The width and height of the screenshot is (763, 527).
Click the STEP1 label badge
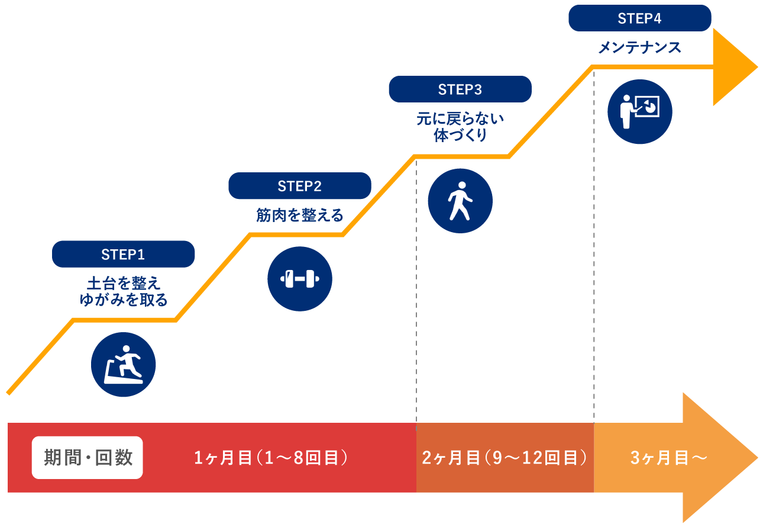click(x=123, y=255)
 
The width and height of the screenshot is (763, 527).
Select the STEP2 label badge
click(x=299, y=187)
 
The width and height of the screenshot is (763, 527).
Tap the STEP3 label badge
click(x=460, y=89)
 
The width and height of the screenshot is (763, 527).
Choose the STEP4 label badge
click(x=639, y=18)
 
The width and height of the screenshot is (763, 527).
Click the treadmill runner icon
click(x=123, y=365)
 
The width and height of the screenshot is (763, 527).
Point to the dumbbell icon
click(x=299, y=279)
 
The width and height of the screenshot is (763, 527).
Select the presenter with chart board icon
click(x=639, y=111)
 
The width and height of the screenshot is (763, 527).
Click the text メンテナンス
click(x=639, y=48)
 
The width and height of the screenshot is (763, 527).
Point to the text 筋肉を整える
click(x=299, y=215)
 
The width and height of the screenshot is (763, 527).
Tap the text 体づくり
click(x=460, y=136)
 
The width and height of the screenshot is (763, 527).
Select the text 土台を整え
click(x=123, y=282)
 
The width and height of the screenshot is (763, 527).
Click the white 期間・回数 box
click(x=88, y=458)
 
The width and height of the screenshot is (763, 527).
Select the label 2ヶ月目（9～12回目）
click(x=505, y=458)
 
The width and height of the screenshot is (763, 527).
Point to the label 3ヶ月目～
click(x=668, y=458)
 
